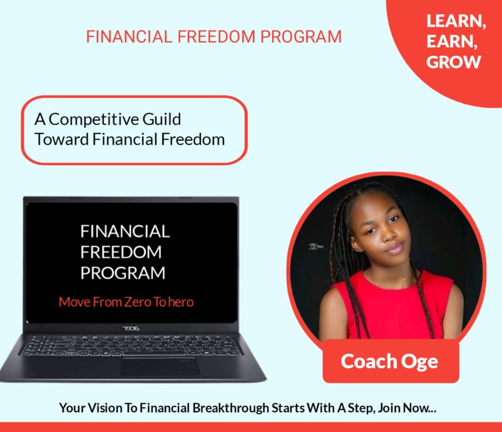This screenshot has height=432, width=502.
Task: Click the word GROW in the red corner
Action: [453, 62]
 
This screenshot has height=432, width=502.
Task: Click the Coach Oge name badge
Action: [390, 362]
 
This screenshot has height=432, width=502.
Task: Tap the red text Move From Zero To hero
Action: [126, 302]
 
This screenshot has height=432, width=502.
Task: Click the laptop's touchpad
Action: [160, 366]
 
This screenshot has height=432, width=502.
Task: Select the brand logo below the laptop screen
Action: [132, 329]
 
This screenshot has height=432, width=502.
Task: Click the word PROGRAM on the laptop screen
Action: [123, 273]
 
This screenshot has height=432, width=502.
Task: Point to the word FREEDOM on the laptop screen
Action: [121, 252]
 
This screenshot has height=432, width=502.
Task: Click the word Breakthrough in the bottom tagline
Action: [231, 408]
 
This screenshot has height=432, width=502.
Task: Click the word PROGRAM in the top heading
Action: [300, 37]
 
